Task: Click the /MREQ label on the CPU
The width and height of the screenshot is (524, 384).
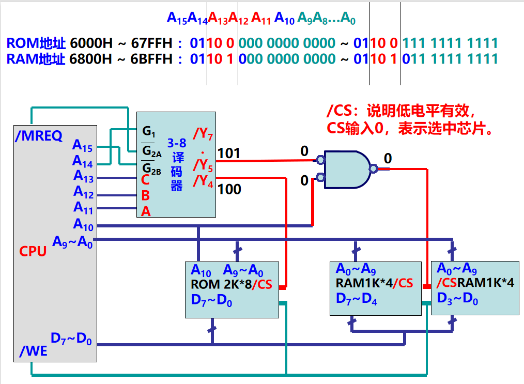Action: (x=39, y=136)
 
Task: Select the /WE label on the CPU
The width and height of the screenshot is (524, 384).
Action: (x=34, y=351)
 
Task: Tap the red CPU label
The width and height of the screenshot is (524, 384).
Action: (x=33, y=251)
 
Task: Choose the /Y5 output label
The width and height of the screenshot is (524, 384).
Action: (x=203, y=165)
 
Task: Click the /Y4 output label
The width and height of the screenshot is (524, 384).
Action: (x=203, y=181)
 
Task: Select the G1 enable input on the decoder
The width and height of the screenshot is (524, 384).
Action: (x=149, y=132)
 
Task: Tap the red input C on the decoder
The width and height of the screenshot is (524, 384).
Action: (x=146, y=180)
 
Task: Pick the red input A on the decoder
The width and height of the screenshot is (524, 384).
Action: (x=146, y=211)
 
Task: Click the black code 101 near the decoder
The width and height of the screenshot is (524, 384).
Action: (x=229, y=153)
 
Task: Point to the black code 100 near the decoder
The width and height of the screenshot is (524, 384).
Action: (x=229, y=190)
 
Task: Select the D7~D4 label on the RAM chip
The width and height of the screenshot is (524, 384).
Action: (x=356, y=298)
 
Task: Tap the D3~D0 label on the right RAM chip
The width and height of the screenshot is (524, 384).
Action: (x=457, y=298)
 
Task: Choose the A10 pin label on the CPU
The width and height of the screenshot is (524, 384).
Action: (x=83, y=224)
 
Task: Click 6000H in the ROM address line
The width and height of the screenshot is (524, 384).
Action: (x=91, y=43)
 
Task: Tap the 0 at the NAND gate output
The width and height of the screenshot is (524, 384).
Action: (x=388, y=158)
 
